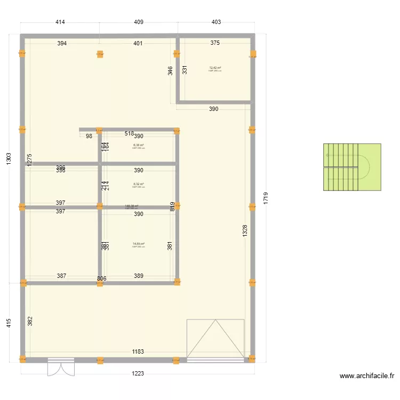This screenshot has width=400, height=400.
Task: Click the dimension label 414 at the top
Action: tap(60, 22)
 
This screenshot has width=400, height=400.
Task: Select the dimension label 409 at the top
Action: tap(139, 22)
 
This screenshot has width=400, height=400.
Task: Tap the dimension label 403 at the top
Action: tap(216, 22)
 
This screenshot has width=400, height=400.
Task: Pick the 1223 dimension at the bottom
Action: tap(138, 374)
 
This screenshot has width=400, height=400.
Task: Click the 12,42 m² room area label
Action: tap(215, 68)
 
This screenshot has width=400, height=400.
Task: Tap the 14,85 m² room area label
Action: tap(139, 244)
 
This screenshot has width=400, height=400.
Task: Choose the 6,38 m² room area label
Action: tap(139, 145)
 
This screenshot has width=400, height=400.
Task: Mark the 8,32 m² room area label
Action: tap(139, 185)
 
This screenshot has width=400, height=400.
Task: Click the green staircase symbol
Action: tap(352, 167)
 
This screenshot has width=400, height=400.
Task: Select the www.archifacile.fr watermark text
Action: tap(366, 376)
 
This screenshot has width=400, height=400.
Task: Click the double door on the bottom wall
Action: tap(61, 367)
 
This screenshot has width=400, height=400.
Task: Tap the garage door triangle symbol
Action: tap(215, 338)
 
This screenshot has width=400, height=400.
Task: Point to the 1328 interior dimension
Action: tap(245, 231)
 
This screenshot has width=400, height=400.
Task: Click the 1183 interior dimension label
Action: tap(138, 352)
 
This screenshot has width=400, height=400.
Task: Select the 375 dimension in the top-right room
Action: tap(215, 43)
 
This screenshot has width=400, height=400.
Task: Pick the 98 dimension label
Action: tap(89, 136)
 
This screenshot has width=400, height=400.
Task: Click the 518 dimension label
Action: tap(129, 134)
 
